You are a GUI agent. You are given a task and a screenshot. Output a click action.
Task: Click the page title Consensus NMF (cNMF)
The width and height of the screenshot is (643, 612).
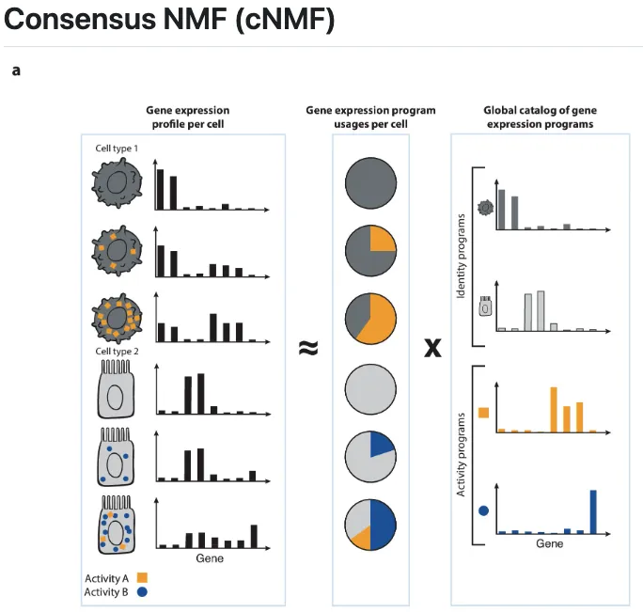pyautogui.click(x=169, y=20)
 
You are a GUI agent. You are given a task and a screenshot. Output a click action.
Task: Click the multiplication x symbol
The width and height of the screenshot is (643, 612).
pyautogui.click(x=432, y=349)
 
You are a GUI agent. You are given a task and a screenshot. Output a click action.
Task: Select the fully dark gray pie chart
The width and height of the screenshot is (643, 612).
pyautogui.click(x=370, y=181)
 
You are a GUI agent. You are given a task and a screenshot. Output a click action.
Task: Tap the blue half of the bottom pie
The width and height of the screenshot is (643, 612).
pyautogui.click(x=384, y=524)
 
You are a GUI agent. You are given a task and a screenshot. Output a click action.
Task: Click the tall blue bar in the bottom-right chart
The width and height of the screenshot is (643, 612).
pyautogui.click(x=593, y=510)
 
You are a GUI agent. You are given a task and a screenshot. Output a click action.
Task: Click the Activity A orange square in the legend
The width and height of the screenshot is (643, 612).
pyautogui.click(x=143, y=577)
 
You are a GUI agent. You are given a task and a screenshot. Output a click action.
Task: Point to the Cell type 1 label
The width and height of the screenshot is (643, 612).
pyautogui.click(x=117, y=149)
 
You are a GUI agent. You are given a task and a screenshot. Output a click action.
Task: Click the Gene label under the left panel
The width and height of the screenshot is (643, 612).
pyautogui.click(x=209, y=559)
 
